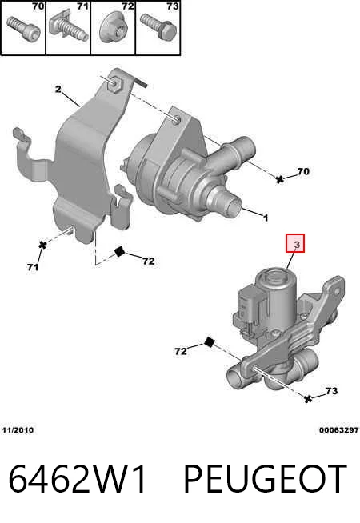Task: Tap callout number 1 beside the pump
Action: [x=266, y=218]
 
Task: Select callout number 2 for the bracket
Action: [x=58, y=90]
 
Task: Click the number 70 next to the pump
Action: [x=303, y=171]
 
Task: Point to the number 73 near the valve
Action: [x=331, y=390]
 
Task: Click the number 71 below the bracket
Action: [x=33, y=267]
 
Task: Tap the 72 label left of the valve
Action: [x=181, y=351]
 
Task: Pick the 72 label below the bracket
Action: [x=149, y=261]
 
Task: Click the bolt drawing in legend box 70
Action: [x=23, y=28]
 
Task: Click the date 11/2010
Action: [x=18, y=430]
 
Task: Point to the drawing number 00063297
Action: [x=338, y=430]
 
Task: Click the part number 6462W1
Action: [x=78, y=478]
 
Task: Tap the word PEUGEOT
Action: [x=266, y=478]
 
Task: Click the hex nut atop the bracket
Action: [x=114, y=83]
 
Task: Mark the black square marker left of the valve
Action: [x=209, y=342]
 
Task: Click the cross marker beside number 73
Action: [x=308, y=398]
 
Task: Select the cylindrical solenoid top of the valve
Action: [x=275, y=293]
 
